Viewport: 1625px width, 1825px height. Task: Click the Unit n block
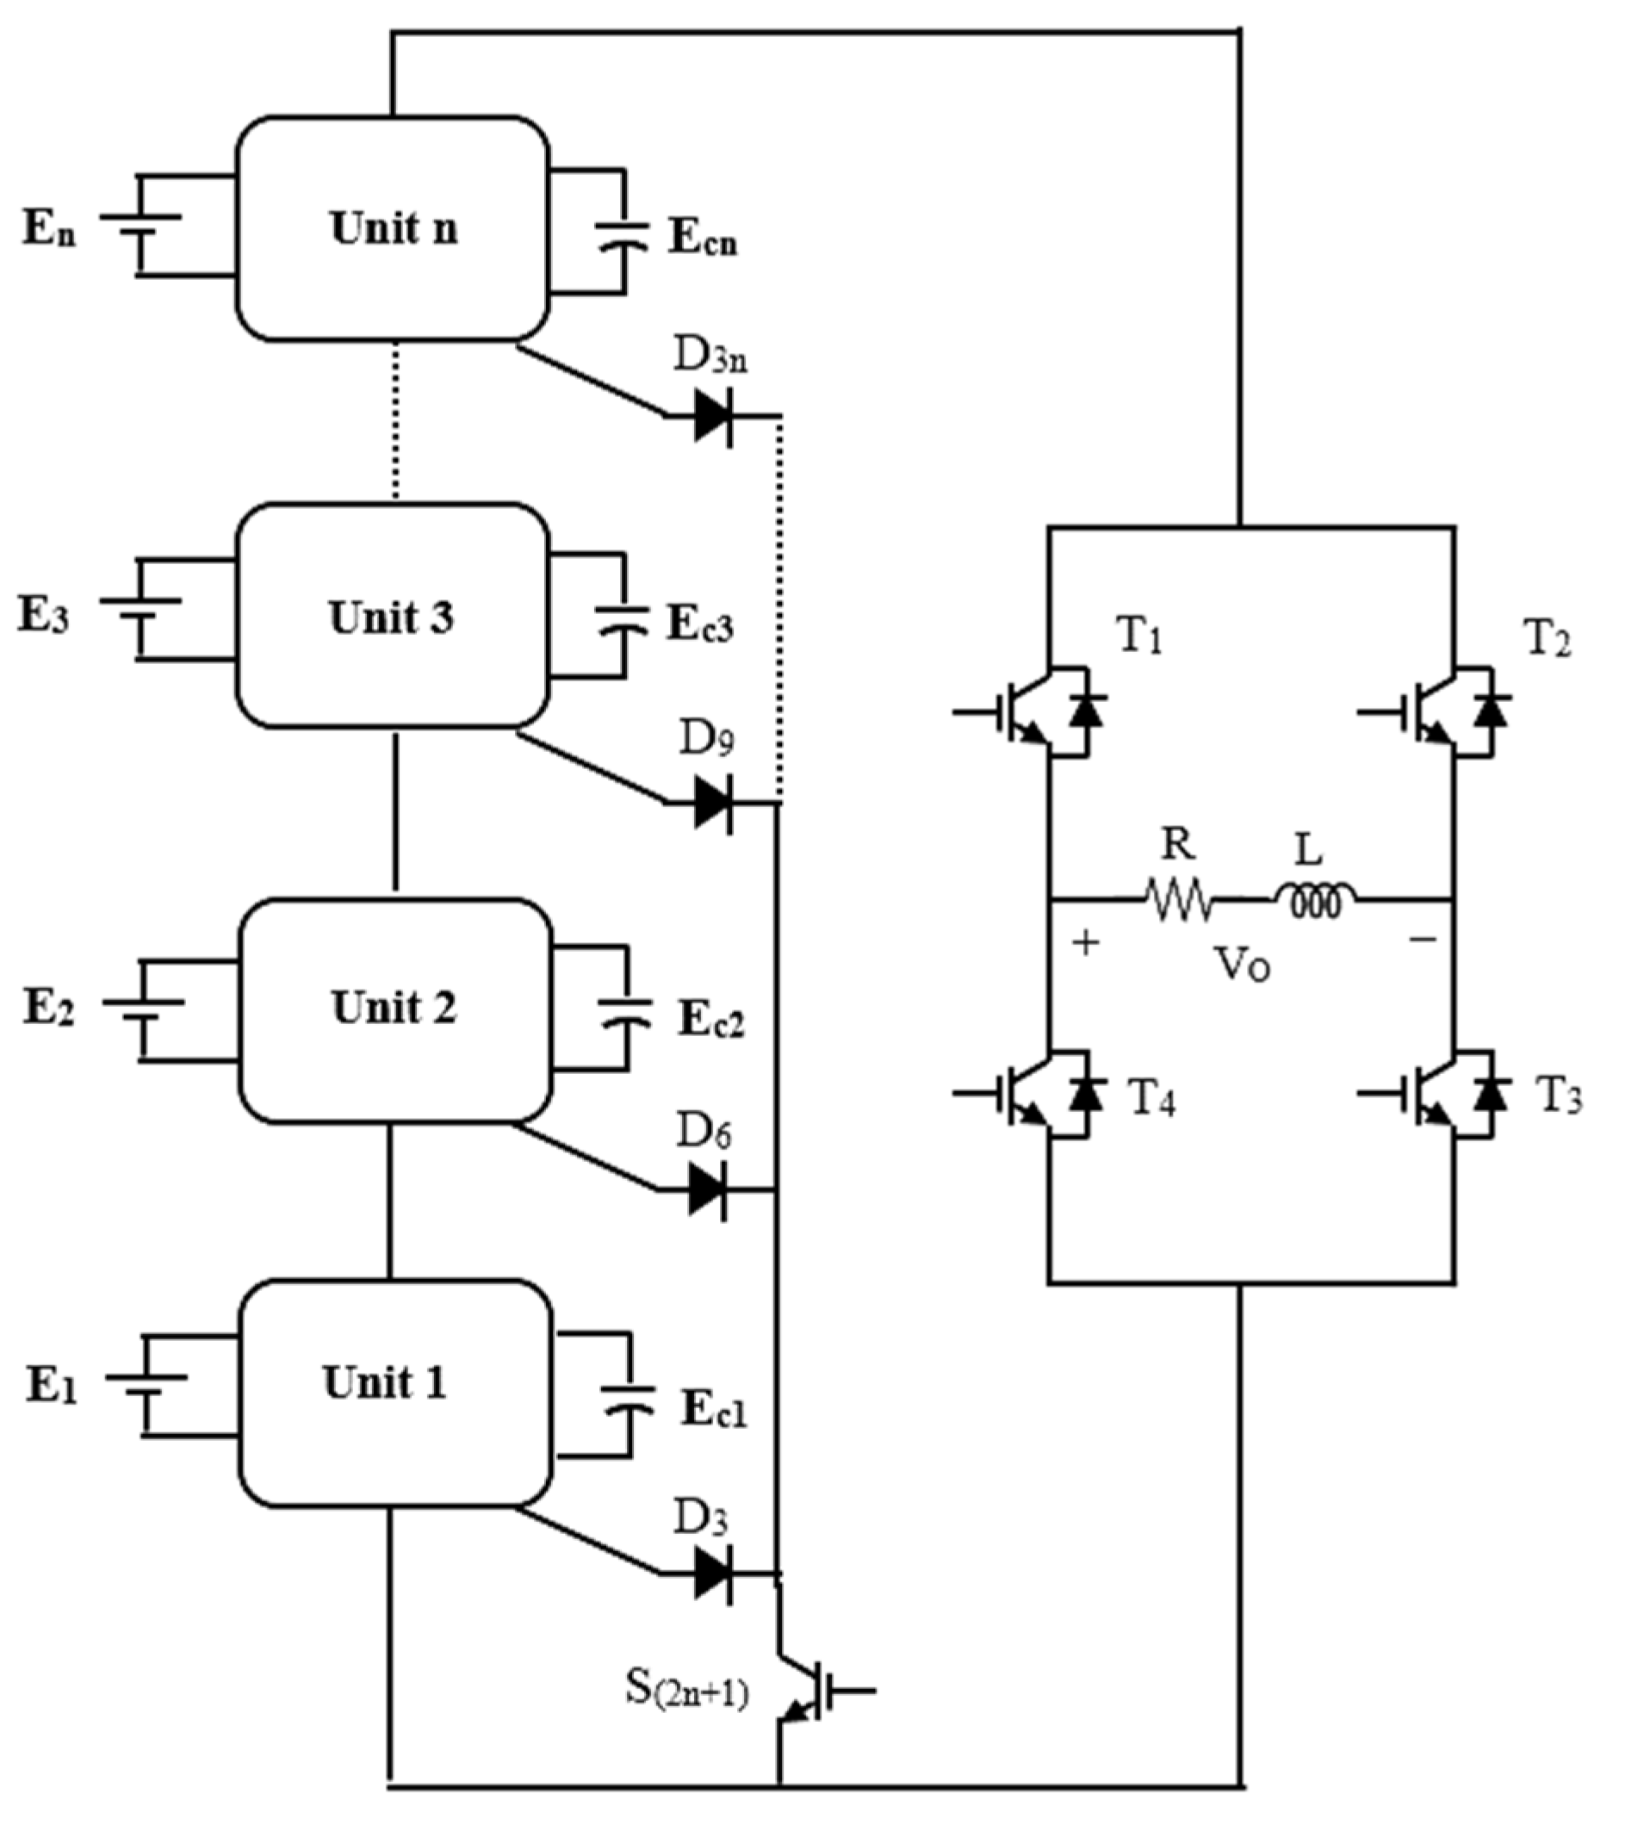coord(392,228)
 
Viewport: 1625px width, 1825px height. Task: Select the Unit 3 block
coord(392,616)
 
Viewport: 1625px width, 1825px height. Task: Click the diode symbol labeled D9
coord(713,803)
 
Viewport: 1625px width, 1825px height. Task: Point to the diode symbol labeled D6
coord(707,1189)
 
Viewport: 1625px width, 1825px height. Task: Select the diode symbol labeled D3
coord(713,1574)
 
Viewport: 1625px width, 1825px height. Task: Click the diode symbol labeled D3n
coord(713,415)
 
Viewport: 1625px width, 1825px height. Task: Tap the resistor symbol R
coord(1179,899)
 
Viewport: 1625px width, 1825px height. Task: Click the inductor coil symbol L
coord(1315,901)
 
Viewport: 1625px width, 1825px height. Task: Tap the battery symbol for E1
coord(143,1386)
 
